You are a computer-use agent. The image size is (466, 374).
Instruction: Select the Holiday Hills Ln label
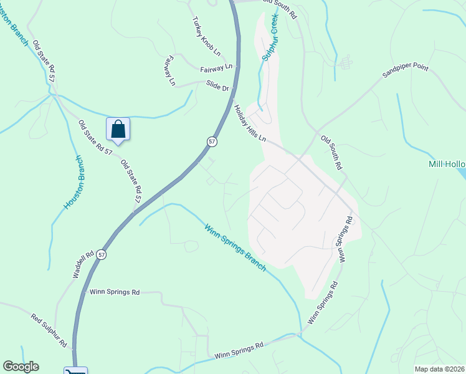point(250,122)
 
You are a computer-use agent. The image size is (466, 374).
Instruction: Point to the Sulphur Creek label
point(270,38)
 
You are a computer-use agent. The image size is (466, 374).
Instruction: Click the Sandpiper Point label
point(405,70)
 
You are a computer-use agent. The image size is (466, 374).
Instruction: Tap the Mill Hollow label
point(447,165)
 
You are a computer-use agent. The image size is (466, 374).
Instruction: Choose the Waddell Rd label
point(83,264)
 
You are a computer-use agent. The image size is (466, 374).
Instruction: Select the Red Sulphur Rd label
point(49,330)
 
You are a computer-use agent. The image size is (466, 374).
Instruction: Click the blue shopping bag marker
point(118,130)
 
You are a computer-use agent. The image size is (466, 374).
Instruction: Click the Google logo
point(21,367)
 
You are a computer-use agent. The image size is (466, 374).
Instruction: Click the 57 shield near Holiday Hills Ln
point(212,142)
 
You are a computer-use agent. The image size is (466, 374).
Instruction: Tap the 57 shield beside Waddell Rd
point(102,254)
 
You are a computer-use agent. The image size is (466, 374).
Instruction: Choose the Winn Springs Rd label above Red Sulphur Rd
point(115,292)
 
